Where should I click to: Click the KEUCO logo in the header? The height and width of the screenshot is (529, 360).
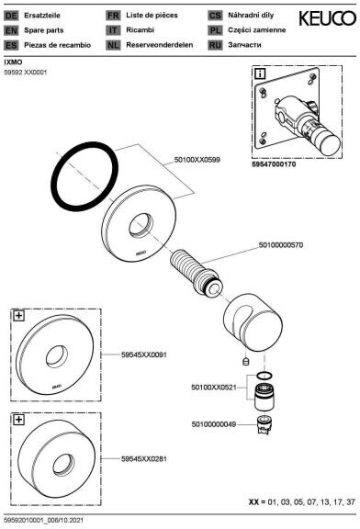327,18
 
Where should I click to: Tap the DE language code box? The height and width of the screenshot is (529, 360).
11,16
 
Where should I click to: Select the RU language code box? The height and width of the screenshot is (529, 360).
215,45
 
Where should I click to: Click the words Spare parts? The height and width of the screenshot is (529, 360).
44,30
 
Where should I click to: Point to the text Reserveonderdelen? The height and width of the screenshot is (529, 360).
159,44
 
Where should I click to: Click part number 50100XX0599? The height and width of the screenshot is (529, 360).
197,160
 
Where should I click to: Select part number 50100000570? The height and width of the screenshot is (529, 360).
281,244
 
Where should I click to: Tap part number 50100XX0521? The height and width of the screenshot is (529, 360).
214,388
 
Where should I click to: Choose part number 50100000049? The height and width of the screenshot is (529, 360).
214,424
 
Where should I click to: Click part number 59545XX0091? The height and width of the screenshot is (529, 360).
144,355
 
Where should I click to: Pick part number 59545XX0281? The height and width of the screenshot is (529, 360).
144,459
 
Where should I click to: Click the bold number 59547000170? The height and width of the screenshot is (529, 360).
274,164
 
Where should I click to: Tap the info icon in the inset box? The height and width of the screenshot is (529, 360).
260,73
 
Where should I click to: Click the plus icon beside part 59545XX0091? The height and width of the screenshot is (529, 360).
19,316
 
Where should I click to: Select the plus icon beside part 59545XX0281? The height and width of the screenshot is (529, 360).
19,420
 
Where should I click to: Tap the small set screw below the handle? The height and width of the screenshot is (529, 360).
246,361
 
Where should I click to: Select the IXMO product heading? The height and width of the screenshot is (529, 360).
14,62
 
